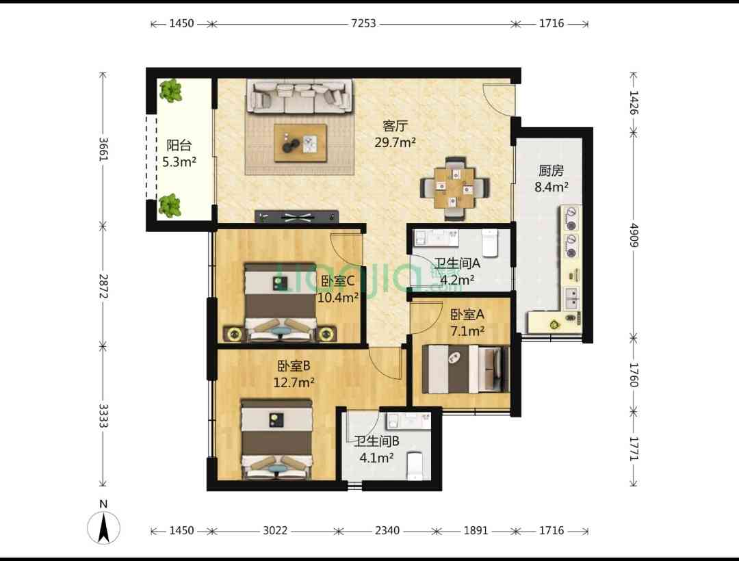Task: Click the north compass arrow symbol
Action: click(104, 527)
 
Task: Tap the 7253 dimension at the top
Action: click(363, 23)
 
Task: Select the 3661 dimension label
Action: click(103, 149)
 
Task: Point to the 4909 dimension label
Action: click(634, 235)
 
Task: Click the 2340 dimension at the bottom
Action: click(387, 531)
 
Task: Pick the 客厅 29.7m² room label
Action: click(395, 134)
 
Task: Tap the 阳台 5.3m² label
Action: click(179, 153)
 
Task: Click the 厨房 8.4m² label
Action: click(551, 179)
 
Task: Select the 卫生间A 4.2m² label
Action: click(456, 272)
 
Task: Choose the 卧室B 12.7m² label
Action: click(294, 374)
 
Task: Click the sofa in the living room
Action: click(299, 97)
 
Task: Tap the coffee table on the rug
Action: click(300, 143)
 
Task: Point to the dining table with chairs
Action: click(455, 188)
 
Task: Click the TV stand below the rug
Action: click(297, 217)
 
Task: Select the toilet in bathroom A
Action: click(490, 243)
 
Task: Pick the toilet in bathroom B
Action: click(415, 466)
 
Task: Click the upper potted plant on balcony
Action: click(170, 91)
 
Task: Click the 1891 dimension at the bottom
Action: click(476, 531)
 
